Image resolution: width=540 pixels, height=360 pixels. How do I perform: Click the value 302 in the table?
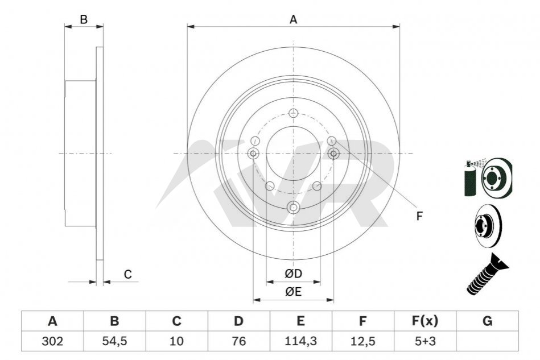tap(52, 341)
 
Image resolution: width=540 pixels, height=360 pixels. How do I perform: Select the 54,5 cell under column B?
tap(115, 341)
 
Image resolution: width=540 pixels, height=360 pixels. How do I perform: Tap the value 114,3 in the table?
tap(300, 341)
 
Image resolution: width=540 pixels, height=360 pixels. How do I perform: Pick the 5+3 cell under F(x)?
tap(425, 341)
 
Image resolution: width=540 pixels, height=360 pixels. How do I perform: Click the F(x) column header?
tap(425, 321)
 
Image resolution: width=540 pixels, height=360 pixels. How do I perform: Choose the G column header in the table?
tap(487, 321)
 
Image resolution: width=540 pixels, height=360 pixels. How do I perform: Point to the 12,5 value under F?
tap(362, 341)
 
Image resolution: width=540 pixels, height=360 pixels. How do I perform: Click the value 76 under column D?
tap(238, 341)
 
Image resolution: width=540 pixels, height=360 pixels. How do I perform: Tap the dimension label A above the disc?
tap(293, 19)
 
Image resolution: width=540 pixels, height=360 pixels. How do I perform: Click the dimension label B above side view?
tap(84, 19)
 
